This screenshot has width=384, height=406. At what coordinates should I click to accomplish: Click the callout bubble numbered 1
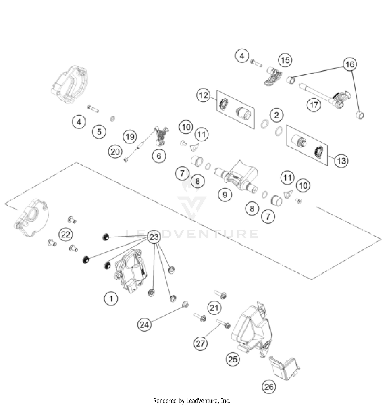pyautogui.click(x=111, y=299)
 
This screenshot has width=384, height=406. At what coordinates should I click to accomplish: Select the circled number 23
pyautogui.click(x=154, y=237)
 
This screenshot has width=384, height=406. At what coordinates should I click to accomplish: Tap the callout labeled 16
pyautogui.click(x=350, y=64)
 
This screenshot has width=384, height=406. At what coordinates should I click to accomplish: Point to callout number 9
pyautogui.click(x=225, y=195)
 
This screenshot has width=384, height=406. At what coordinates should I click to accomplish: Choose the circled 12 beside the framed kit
pyautogui.click(x=204, y=95)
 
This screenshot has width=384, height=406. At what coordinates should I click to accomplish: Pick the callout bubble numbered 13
pyautogui.click(x=341, y=161)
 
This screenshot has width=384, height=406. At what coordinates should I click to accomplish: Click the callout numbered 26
pyautogui.click(x=269, y=387)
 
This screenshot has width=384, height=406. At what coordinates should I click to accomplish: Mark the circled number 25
pyautogui.click(x=233, y=359)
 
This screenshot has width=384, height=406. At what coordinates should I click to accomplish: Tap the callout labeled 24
pyautogui.click(x=144, y=325)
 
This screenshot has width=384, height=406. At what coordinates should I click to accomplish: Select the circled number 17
pyautogui.click(x=314, y=105)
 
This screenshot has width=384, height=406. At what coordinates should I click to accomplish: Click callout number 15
pyautogui.click(x=285, y=60)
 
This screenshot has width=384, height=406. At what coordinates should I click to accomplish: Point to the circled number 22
pyautogui.click(x=66, y=234)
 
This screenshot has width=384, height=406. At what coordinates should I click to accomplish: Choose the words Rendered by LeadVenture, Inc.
pyautogui.click(x=192, y=400)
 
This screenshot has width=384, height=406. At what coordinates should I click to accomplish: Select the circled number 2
pyautogui.click(x=276, y=115)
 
